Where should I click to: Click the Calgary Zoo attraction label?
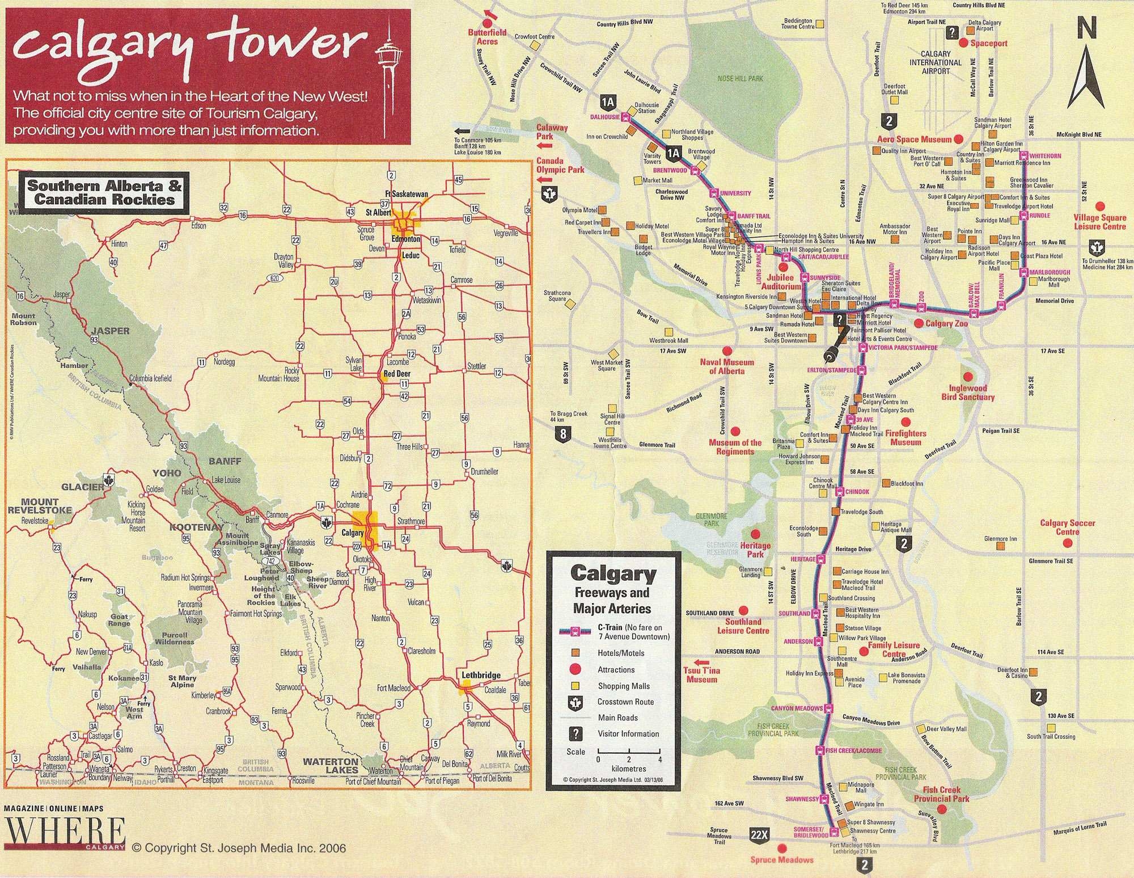pos(946,324)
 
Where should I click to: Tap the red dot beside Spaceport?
pos(963,43)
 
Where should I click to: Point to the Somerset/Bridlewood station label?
pos(811,832)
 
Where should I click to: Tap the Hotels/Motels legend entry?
pos(620,653)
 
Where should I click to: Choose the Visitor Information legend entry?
pos(628,733)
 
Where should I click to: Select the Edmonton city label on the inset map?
pos(406,239)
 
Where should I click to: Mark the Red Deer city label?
pos(397,374)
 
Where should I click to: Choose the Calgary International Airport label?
pos(936,62)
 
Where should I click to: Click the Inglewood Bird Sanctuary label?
pos(968,392)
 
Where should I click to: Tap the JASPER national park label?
pos(111,331)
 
